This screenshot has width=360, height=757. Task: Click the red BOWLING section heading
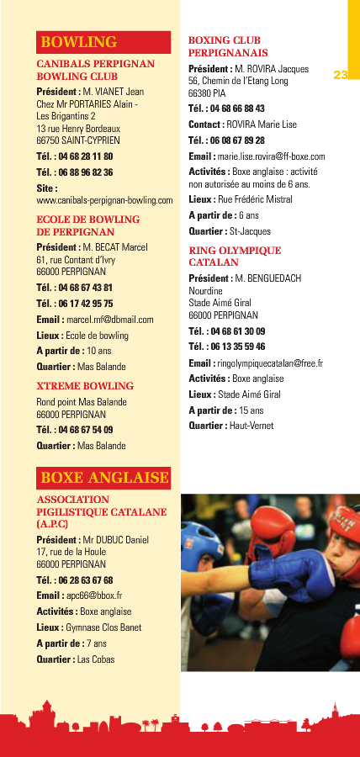pyautogui.click(x=78, y=41)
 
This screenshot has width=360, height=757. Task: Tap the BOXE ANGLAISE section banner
pyautogui.click(x=104, y=478)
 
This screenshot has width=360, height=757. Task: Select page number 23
pyautogui.click(x=341, y=75)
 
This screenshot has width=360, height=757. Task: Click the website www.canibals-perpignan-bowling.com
pyautogui.click(x=104, y=200)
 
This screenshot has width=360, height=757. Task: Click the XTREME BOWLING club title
pyautogui.click(x=85, y=386)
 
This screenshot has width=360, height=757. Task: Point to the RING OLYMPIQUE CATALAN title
pyautogui.click(x=235, y=257)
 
